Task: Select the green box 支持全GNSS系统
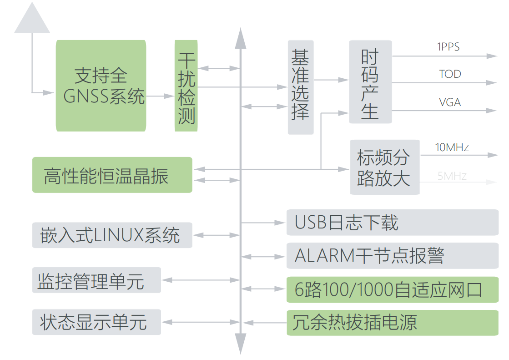point(101,86)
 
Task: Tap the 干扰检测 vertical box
point(186,86)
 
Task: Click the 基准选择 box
point(301,87)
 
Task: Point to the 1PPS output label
point(448,46)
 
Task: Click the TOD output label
point(450,74)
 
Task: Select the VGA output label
point(450,102)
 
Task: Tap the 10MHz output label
point(452,147)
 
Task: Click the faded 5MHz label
point(452,176)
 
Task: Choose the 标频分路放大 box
point(384,167)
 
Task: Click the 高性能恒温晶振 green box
point(112,175)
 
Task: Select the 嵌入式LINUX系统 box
point(112,235)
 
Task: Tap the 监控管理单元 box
point(96,280)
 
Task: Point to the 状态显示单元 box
point(96,322)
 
